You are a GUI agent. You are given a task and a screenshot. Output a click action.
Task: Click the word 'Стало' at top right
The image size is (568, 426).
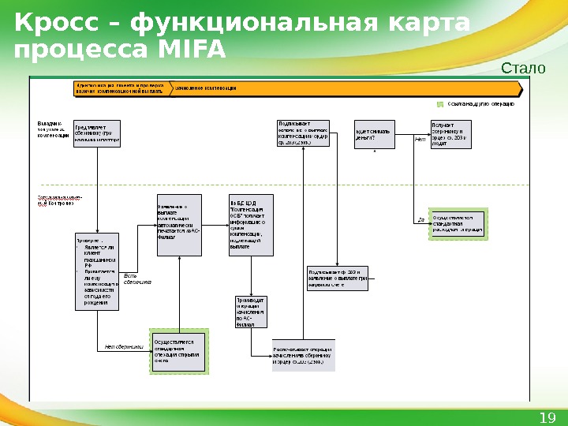pos(523,69)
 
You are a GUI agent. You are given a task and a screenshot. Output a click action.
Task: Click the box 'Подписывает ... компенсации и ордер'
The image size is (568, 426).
pos(302,134)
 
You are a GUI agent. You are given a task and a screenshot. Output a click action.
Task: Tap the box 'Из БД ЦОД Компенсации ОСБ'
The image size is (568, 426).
pos(251,224)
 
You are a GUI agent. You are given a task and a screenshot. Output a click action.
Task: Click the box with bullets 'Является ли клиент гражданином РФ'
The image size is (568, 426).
pos(97,271)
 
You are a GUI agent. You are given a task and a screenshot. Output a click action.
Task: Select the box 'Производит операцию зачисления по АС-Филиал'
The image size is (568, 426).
pos(251,312)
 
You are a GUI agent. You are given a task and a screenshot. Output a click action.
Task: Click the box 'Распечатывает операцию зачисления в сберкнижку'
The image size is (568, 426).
pos(302,357)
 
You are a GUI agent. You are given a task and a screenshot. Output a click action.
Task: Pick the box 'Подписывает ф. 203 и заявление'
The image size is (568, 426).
pos(338,279)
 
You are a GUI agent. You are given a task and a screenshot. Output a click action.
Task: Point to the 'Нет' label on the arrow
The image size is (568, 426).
pos(420,139)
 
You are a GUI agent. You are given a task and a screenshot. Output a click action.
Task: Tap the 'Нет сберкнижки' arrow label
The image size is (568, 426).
pos(123,346)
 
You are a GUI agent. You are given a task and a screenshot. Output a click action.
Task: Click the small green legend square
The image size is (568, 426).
pos(440,103)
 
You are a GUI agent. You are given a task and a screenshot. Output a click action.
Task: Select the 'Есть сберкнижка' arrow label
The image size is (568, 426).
pos(137,278)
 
